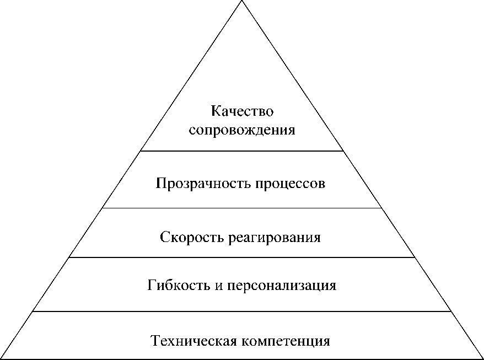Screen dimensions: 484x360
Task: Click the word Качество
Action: tap(242, 112)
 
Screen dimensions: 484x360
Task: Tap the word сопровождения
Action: tap(242, 131)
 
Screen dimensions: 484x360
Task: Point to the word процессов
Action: tap(290, 183)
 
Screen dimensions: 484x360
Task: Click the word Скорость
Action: tap(185, 238)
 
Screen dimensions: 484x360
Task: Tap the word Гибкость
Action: tap(176, 286)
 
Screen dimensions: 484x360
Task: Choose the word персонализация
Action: tap(284, 286)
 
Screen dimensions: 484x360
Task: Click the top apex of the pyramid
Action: tap(242, 1)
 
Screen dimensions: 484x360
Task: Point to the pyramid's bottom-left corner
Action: tap(2, 359)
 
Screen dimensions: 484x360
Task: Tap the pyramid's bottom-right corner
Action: tap(482, 359)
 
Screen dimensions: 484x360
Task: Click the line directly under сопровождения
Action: tap(242, 151)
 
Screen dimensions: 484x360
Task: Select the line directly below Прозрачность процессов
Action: tap(242, 208)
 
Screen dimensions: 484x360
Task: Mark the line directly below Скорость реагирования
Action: tap(242, 257)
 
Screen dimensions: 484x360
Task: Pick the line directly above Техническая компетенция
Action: tap(242, 311)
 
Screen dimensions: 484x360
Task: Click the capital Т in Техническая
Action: tap(155, 341)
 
